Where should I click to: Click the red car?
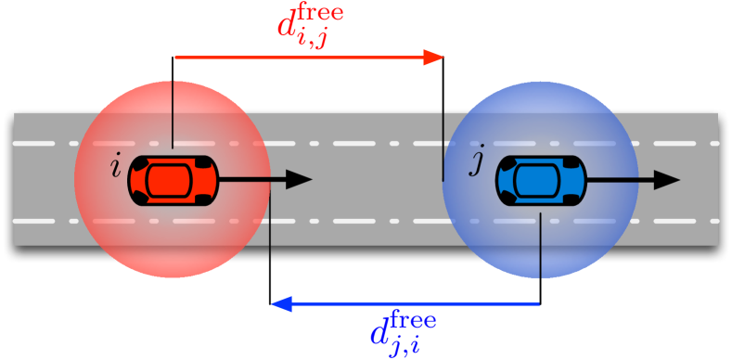click(173, 180)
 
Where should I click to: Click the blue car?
click(541, 180)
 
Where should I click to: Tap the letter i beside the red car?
click(115, 168)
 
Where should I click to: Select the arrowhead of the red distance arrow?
click(434, 58)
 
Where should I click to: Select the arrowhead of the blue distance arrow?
click(281, 303)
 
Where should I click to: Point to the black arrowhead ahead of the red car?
click(299, 180)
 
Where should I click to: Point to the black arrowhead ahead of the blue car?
click(667, 180)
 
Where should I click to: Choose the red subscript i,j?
click(314, 40)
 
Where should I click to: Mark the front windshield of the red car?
click(196, 180)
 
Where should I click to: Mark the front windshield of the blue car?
click(564, 180)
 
